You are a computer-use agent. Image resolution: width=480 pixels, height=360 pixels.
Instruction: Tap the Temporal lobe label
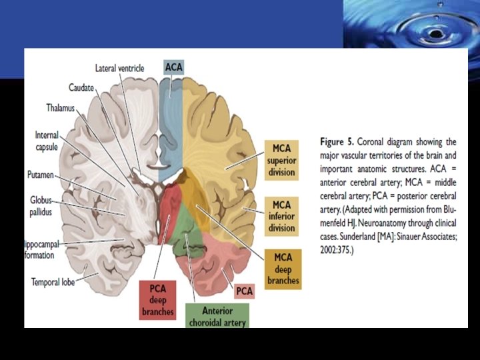[53, 282]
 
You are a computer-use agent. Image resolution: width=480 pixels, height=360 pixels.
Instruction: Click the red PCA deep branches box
[157, 299]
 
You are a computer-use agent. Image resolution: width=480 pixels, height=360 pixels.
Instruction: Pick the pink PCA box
[245, 291]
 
